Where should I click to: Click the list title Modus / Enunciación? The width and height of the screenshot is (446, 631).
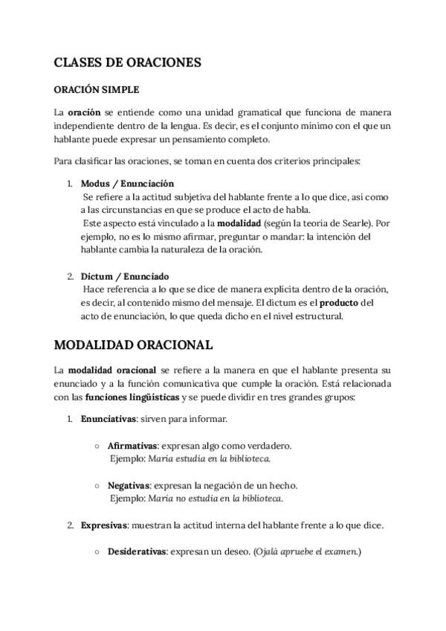tap(127, 183)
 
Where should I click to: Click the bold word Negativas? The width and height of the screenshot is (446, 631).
tap(129, 485)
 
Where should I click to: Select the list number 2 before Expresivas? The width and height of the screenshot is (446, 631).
tap(70, 525)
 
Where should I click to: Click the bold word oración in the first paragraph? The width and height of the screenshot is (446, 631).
tap(84, 112)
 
